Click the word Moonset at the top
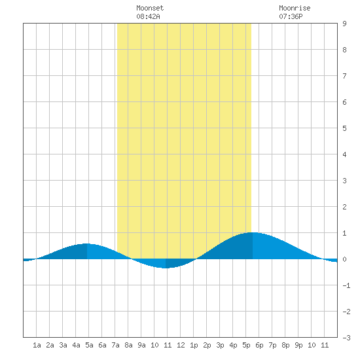pos(150,8)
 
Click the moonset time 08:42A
pos(148,16)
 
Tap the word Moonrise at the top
pos(295,8)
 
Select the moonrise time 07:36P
pos(291,16)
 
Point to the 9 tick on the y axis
pos(344,24)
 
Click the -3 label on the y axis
pos(346,338)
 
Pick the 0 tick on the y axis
pos(344,259)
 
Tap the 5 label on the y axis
pos(344,128)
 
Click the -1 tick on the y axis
pos(346,285)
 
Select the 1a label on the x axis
pos(37,345)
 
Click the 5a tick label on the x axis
pos(89,345)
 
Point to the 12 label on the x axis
pos(181,345)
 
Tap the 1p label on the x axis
pos(194,345)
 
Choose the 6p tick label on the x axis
pos(259,345)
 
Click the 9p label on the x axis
pos(298,345)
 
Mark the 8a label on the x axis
pos(128,345)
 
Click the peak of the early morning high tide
pos(87,243)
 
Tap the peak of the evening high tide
pos(252,232)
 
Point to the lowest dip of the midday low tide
pos(166,268)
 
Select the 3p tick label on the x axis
pos(220,345)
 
